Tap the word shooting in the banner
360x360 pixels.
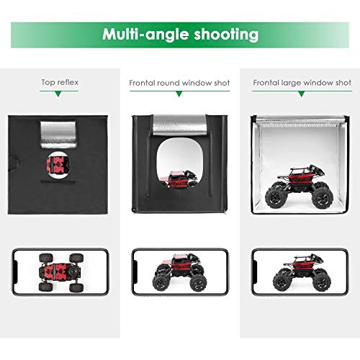pyautogui.click(x=226, y=35)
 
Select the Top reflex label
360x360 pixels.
pyautogui.click(x=60, y=82)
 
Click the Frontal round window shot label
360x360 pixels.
pyautogui.click(x=179, y=83)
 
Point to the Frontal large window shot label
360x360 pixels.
pyautogui.click(x=302, y=83)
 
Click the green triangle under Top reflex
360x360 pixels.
pyautogui.click(x=58, y=94)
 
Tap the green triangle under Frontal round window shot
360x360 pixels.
pyautogui.click(x=179, y=94)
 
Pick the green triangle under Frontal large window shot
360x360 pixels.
pyautogui.click(x=302, y=94)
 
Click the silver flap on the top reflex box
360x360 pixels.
pyautogui.click(x=58, y=135)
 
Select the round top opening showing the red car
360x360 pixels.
pyautogui.click(x=58, y=165)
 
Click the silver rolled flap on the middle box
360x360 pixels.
pyautogui.click(x=179, y=126)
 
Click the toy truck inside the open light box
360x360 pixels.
pyautogui.click(x=299, y=187)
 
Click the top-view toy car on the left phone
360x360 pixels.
pyautogui.click(x=61, y=273)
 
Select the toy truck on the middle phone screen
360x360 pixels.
pyautogui.click(x=179, y=272)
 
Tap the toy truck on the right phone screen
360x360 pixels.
pyautogui.click(x=302, y=272)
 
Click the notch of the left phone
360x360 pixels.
pyautogui.click(x=17, y=272)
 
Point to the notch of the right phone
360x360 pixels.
pyautogui.click(x=256, y=272)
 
